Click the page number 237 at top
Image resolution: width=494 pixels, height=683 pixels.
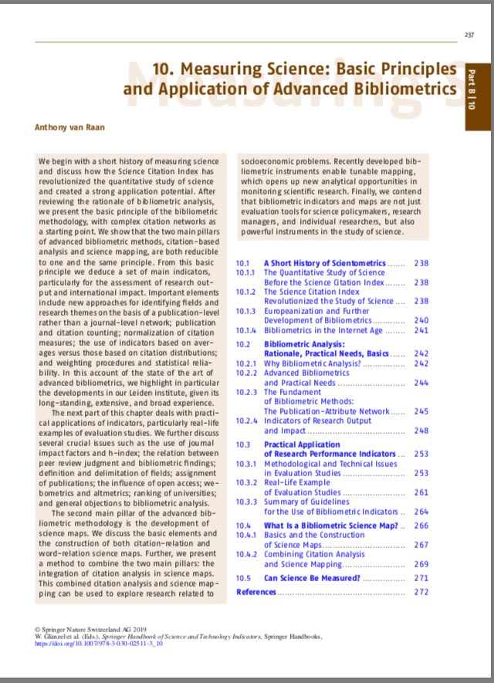(x=469, y=34)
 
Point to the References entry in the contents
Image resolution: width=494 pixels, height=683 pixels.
(x=255, y=592)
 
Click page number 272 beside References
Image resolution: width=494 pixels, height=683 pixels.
(x=421, y=592)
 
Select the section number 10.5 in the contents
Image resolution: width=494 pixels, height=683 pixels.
(x=243, y=577)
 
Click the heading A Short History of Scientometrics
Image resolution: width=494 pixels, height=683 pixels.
(x=324, y=263)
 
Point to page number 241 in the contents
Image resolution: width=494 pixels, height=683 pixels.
(x=421, y=330)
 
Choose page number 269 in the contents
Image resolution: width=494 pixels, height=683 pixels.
(x=421, y=564)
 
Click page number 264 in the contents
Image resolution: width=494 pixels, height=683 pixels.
(x=421, y=511)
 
